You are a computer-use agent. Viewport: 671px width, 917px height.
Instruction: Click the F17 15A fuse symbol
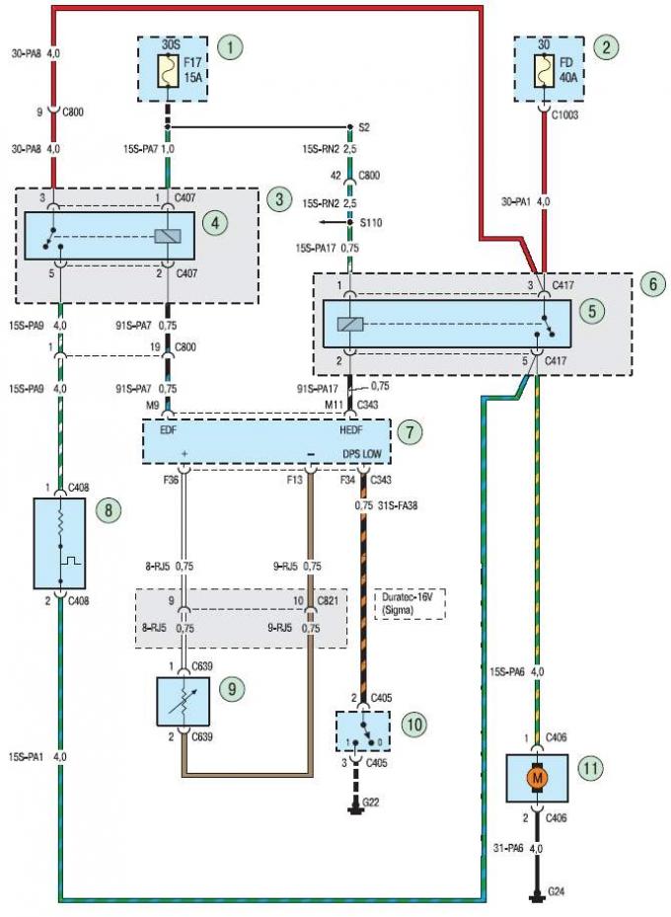pos(169,70)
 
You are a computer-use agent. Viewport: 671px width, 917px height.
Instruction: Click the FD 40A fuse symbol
pos(544,70)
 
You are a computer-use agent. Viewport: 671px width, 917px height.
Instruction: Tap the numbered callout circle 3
pos(279,198)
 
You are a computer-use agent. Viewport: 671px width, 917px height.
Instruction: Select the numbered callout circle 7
pos(409,432)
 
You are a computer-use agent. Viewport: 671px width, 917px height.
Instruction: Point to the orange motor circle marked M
pos(537,778)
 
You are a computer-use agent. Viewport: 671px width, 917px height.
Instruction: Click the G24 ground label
pos(556,893)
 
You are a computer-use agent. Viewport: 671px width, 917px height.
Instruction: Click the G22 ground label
pos(371,802)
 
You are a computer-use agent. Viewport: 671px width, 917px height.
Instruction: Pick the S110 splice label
pos(371,223)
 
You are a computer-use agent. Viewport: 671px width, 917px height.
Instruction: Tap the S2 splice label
pos(363,127)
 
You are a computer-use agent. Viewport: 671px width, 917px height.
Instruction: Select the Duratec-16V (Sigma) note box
pos(410,603)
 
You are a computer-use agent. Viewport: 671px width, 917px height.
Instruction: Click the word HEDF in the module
pos(351,430)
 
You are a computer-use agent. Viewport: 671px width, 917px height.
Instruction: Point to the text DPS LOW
pos(362,454)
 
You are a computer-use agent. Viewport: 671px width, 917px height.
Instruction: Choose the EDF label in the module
pos(169,430)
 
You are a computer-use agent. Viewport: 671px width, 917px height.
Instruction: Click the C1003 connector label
pos(564,115)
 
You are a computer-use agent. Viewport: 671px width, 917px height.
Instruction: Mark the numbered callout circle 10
pos(414,725)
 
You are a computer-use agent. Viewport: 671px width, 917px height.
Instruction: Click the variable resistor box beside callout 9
pos(184,702)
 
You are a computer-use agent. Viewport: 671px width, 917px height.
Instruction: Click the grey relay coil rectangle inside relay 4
pos(168,236)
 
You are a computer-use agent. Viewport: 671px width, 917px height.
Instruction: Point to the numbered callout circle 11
pos(590,767)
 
